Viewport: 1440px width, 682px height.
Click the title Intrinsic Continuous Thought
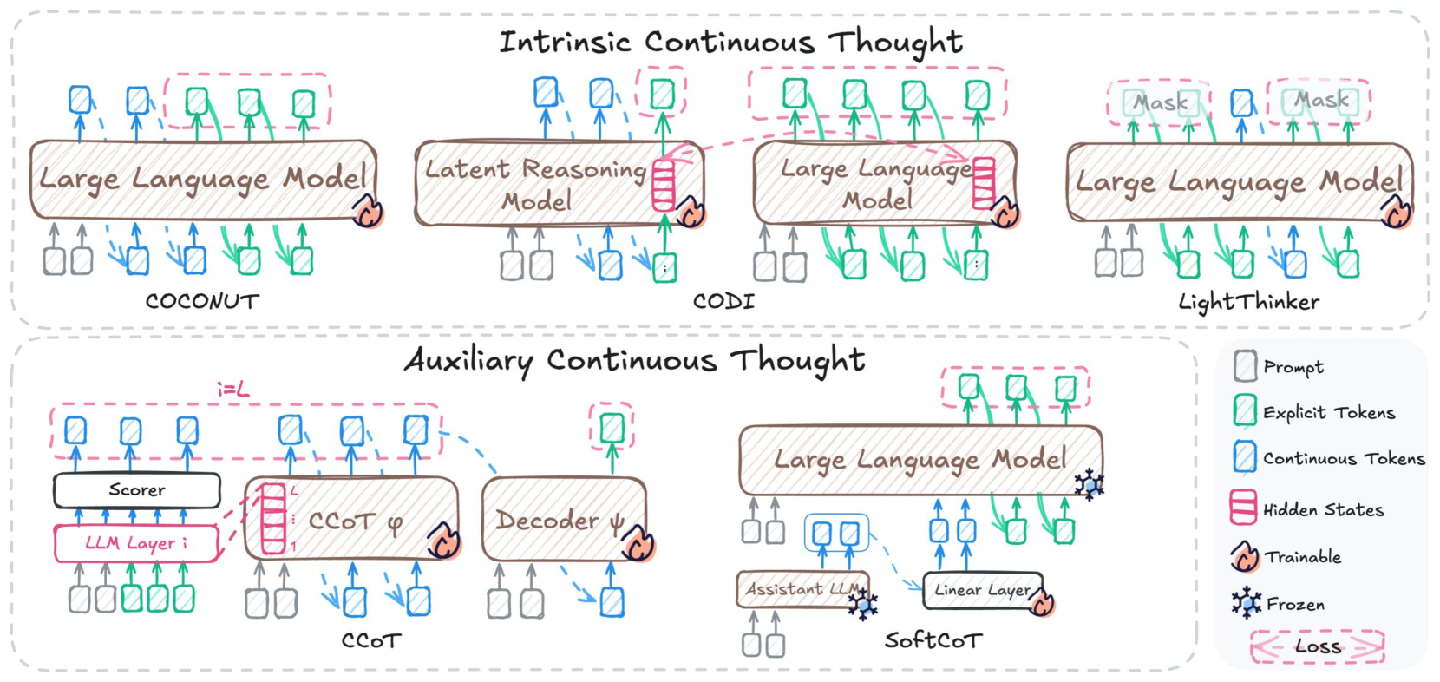[730, 42]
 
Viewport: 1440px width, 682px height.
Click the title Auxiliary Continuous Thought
[634, 359]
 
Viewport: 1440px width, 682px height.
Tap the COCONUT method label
[202, 301]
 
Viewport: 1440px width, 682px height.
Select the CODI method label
[723, 301]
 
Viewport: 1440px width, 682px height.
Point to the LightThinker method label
[1248, 301]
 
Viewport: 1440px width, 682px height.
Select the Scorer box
[137, 490]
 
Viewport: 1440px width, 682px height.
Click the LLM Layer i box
[136, 543]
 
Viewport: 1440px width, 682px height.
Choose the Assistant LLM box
[798, 589]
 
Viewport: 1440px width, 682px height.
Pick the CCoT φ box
[356, 521]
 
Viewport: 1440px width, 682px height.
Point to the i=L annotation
[232, 390]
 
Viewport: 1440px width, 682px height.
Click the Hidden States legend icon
[1243, 508]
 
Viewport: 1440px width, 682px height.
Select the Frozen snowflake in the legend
[1247, 602]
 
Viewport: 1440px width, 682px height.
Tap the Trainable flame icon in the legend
[1245, 556]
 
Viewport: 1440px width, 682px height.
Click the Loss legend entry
[1317, 646]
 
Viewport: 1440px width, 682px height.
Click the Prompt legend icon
[1245, 366]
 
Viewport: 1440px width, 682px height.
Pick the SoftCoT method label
[933, 640]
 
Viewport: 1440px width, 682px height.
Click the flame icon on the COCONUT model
[369, 211]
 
